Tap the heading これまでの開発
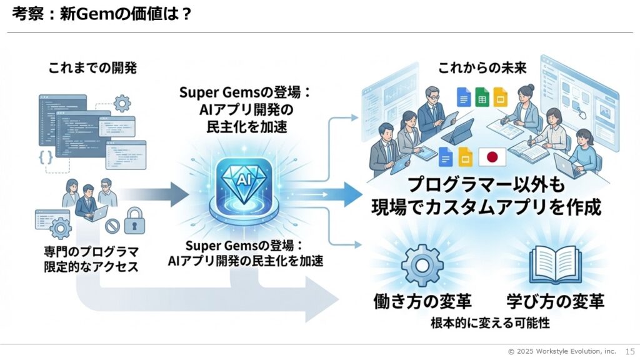[x=93, y=68]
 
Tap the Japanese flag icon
[x=491, y=157]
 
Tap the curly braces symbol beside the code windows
[x=46, y=157]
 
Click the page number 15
[x=629, y=351]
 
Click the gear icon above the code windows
[x=122, y=101]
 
